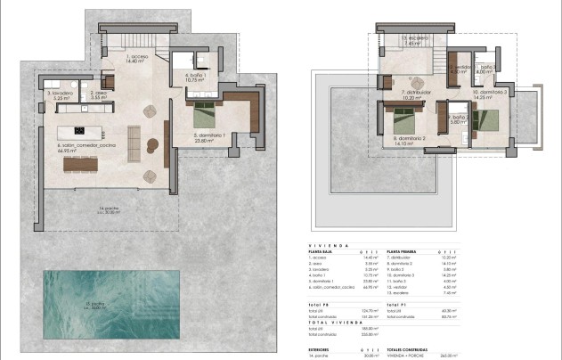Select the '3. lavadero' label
click(60, 94)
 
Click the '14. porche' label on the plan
click(109, 210)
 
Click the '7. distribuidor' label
click(415, 93)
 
